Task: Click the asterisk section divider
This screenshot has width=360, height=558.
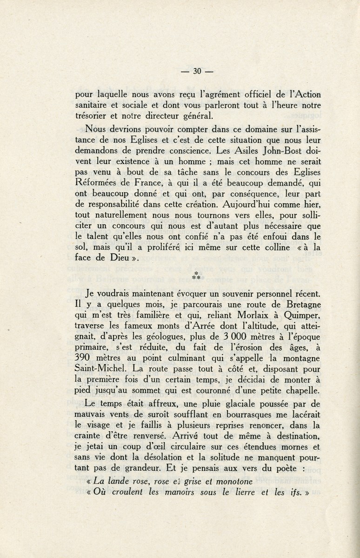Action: (x=196, y=276)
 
